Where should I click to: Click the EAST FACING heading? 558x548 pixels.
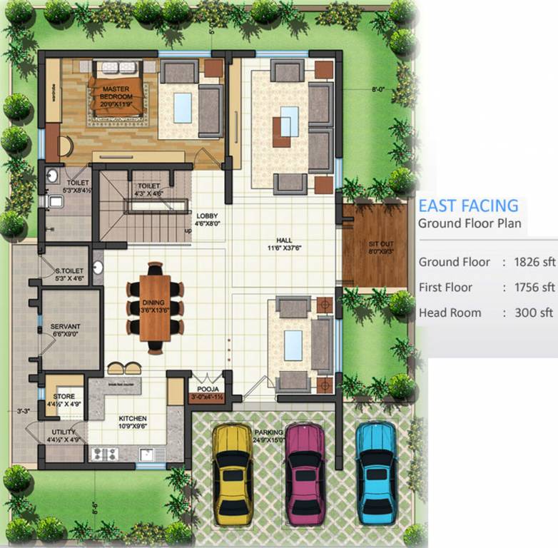pyautogui.click(x=467, y=206)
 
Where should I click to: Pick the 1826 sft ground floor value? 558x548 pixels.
pyautogui.click(x=534, y=262)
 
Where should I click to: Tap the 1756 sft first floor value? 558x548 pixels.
pyautogui.click(x=534, y=288)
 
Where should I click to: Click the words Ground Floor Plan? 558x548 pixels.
pyautogui.click(x=469, y=223)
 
